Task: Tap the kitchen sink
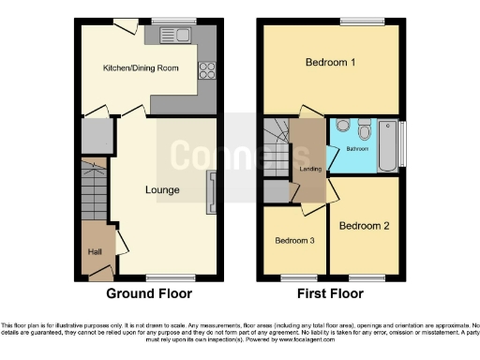coord(174,37)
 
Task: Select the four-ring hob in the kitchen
coord(205,69)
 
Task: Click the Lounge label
coord(161,189)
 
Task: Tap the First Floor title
coord(332,293)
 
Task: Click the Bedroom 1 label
coord(329,63)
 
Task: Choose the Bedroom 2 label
coord(363,226)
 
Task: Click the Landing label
coord(306,169)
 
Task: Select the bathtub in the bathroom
coord(387,146)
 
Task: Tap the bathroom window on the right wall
coord(403,144)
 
